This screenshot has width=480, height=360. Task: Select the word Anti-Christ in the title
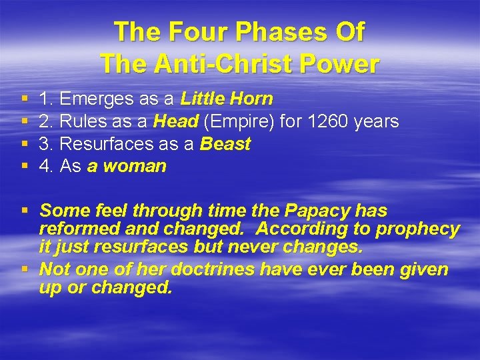pos(223,64)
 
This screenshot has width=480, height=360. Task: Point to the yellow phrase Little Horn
pos(227,99)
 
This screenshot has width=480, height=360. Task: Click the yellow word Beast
pos(225,144)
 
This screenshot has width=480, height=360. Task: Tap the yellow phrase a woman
pos(127,167)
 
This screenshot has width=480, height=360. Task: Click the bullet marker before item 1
pos(25,99)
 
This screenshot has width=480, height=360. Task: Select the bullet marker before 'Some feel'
pos(25,211)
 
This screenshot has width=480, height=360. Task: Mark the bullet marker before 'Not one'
pos(25,270)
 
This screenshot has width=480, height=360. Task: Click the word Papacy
pos(319,211)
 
